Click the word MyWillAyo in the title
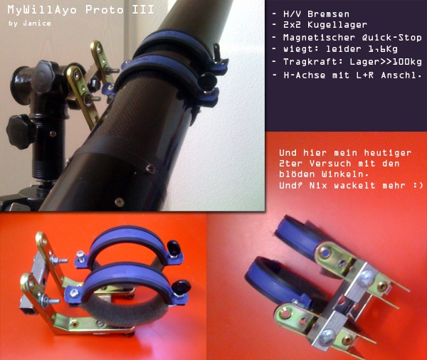[x=42, y=10]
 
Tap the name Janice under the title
[x=37, y=23]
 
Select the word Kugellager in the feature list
[x=337, y=25]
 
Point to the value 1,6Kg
[x=383, y=49]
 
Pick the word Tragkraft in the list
[x=310, y=62]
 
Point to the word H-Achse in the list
[x=304, y=75]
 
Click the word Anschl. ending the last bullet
[x=401, y=75]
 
